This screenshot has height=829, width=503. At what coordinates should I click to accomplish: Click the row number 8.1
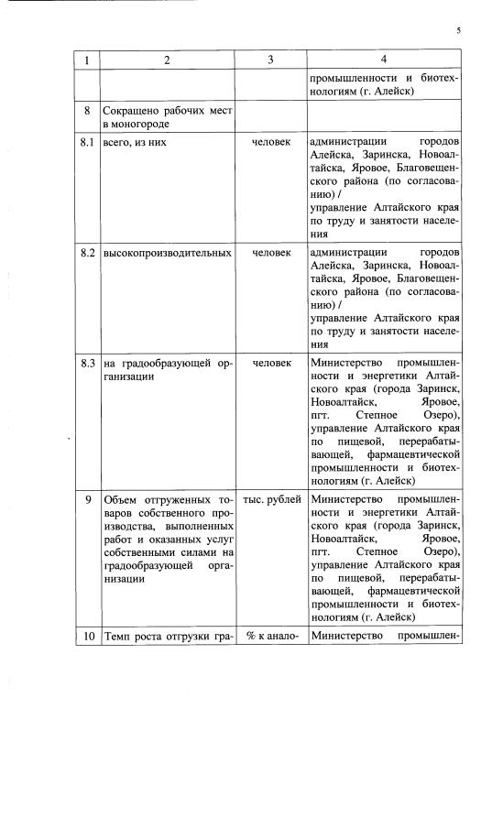87,143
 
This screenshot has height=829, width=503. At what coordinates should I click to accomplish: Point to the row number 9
87,500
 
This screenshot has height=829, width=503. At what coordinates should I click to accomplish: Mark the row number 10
87,636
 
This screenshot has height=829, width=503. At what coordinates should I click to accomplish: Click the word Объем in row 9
121,500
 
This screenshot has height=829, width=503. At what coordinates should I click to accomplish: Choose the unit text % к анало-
271,636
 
